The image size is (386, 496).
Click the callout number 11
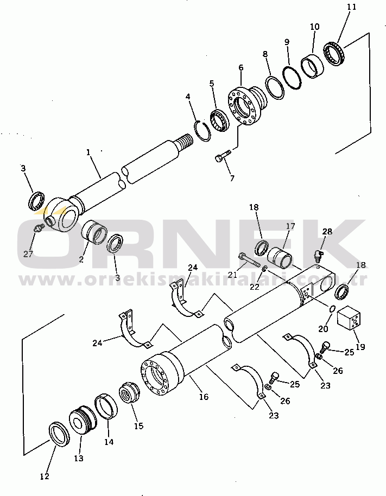351,7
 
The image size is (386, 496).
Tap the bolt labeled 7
223,156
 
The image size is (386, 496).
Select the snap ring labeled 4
202,130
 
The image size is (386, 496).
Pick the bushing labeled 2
94,232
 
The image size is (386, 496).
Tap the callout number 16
204,396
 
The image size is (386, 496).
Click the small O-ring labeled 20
332,309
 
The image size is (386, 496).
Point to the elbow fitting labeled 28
318,255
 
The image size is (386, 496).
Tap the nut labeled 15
129,393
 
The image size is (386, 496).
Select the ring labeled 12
60,434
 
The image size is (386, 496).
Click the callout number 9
287,42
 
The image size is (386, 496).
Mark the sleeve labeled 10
312,67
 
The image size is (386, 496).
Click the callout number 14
109,441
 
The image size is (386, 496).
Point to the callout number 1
88,152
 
